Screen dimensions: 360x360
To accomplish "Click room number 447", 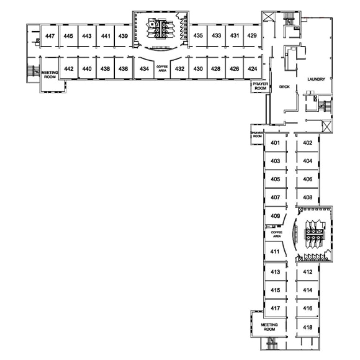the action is [50, 36].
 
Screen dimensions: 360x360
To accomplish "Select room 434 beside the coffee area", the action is [144, 69].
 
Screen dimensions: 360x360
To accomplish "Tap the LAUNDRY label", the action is [316, 79].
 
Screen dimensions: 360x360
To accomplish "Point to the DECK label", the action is [284, 87].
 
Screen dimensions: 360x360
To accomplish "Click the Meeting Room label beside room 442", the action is [50, 74].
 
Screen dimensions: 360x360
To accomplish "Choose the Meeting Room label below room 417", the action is [269, 327].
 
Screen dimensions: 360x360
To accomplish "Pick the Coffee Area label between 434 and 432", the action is [162, 69].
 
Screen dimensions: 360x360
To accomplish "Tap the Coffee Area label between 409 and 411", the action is [277, 234].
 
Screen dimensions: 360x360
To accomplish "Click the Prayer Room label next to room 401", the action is [257, 135].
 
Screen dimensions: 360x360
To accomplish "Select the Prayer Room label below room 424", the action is [260, 86].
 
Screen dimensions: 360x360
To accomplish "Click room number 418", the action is [307, 327].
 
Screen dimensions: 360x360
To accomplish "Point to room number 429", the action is [252, 35].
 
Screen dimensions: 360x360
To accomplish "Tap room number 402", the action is [307, 143].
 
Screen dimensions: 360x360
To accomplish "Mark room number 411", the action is [275, 251].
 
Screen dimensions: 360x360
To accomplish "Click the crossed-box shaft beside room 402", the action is [326, 126].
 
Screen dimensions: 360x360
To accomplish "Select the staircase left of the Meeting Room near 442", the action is [33, 71].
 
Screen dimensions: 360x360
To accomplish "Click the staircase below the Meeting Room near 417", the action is [272, 343].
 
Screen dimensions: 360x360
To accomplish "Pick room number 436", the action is [123, 69].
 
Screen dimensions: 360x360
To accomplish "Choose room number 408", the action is [307, 197].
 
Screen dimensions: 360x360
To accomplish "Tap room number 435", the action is [198, 35].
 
